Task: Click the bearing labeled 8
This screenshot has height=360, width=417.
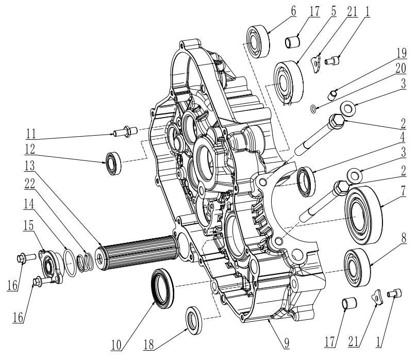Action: pos(355,266)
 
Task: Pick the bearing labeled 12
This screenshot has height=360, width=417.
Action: pos(113,163)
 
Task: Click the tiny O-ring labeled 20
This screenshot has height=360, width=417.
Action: pos(314,109)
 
